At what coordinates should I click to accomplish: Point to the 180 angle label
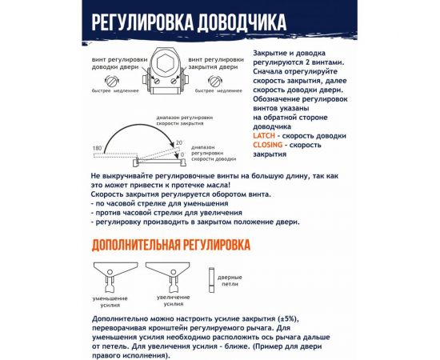point(97,150)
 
